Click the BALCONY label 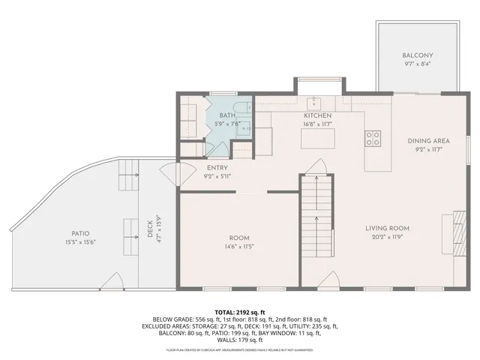[x=418, y=55]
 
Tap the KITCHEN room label [x=317, y=115]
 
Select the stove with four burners [x=372, y=137]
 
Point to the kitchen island [x=317, y=139]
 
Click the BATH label [x=227, y=115]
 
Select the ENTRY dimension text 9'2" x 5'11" [x=217, y=176]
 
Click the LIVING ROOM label [x=388, y=228]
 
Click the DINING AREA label [x=429, y=141]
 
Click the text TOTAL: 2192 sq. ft [x=240, y=312]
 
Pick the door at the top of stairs [x=318, y=166]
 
